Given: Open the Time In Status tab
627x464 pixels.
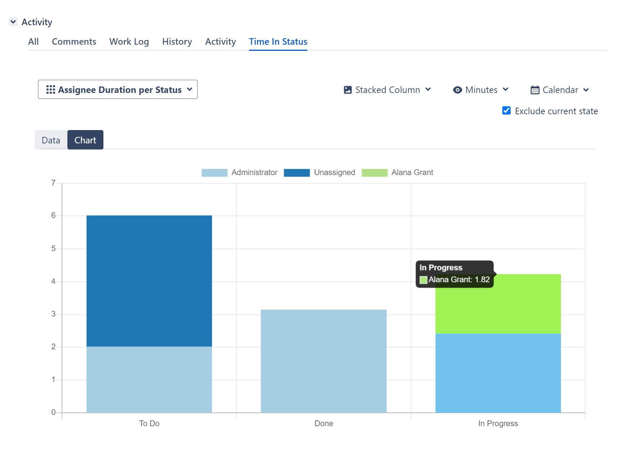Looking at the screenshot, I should click(278, 42).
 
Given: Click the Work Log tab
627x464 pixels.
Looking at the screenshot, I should click(129, 42).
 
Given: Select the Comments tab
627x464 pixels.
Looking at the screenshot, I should click(74, 42).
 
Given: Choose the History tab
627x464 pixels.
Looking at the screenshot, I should click(177, 42).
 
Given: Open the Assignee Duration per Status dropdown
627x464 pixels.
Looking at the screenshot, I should click(118, 90).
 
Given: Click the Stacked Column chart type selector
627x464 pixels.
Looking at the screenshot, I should click(387, 90).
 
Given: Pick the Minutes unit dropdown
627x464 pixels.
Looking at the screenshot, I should click(481, 90).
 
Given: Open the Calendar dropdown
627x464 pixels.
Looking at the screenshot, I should click(560, 90).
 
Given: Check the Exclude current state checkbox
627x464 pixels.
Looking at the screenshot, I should click(506, 111).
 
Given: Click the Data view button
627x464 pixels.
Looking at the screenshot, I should click(51, 140).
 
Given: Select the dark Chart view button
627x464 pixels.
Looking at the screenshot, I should click(85, 140).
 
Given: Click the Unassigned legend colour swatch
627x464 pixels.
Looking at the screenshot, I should click(297, 173).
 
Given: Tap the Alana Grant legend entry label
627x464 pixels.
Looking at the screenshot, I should click(412, 173).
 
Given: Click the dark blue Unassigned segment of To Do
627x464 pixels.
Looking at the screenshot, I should click(149, 281).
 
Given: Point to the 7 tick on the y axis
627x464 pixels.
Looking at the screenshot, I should click(53, 183).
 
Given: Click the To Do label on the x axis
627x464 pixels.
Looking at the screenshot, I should click(149, 424).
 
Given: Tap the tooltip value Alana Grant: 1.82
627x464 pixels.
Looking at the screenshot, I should click(459, 280).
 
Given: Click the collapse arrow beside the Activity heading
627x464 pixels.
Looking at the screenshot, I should click(13, 22).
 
